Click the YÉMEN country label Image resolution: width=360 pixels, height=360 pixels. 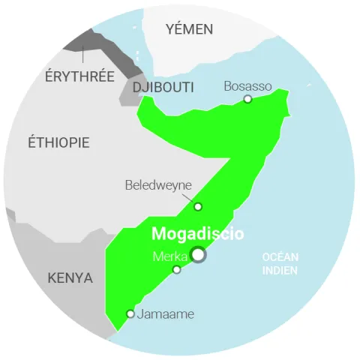189,29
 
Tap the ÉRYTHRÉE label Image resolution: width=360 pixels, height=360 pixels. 79,76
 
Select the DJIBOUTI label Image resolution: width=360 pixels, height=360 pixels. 163,88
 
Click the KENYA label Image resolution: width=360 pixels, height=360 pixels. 70,278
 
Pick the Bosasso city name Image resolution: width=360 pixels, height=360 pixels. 247,86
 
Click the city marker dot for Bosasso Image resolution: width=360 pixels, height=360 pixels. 248,99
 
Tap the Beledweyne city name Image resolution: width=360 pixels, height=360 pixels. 158,185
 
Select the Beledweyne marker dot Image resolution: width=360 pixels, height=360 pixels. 198,206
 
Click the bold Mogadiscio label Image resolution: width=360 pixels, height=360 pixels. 197,234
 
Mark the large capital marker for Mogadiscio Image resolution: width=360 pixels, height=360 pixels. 198,255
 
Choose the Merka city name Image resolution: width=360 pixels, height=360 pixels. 169,256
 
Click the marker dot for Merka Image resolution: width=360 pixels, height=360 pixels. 177,269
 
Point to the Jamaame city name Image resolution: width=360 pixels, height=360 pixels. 165,314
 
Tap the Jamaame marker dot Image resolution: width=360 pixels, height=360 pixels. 130,313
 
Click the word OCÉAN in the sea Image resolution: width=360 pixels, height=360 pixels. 280,257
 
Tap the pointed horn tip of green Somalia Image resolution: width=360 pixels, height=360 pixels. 287,92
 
